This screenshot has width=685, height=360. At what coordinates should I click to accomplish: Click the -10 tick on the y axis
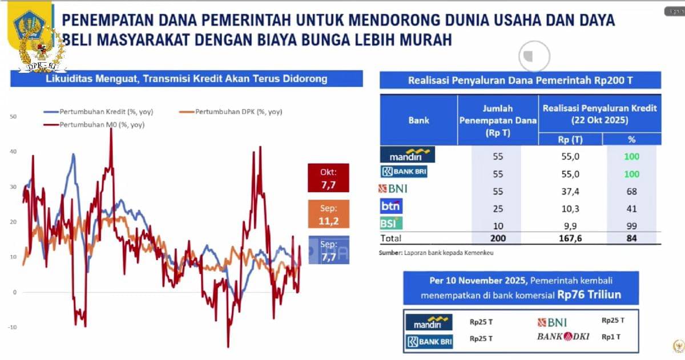pos(12,327)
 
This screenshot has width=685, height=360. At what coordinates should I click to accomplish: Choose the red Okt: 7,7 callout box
pos(328,178)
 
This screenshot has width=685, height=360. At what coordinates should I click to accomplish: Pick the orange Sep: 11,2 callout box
pos(328,215)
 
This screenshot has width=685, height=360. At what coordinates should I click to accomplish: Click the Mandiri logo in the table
pos(408,155)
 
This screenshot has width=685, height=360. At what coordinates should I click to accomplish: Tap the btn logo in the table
pos(391,206)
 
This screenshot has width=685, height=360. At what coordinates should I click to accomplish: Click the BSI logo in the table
pos(392,223)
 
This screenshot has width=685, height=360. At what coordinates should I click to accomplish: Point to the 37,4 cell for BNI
pos(570,192)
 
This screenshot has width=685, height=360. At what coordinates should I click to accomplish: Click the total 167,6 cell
pos(570,238)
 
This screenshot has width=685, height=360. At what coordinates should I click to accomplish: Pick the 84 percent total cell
pos(631,238)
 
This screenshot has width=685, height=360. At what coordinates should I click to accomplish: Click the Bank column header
pos(418,120)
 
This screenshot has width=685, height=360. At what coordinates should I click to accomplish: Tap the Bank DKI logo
pos(563,337)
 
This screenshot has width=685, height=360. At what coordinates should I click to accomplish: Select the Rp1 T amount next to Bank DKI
pos(610,337)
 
